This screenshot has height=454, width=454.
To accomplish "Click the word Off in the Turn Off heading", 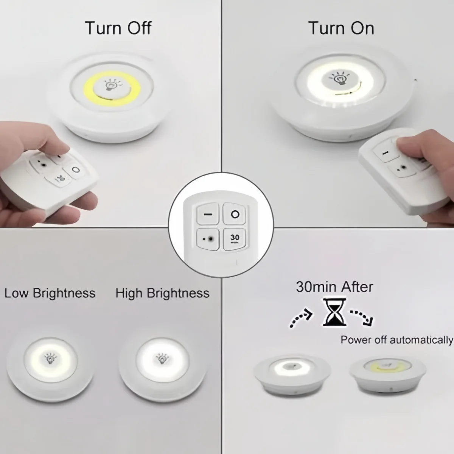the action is point(139,28).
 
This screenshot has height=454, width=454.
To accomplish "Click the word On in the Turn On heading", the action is point(362,28).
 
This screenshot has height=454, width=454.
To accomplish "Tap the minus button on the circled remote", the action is point(208,214).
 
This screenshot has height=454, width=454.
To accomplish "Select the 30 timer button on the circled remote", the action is point(235,239).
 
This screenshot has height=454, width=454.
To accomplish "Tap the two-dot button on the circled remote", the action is point(208,239).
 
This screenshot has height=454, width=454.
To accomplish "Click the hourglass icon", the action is point(334,312).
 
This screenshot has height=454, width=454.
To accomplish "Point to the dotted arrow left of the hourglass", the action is point(301,317).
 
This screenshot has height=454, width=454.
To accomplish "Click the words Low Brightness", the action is point(50,293).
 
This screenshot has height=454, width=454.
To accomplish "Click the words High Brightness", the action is point(162,293).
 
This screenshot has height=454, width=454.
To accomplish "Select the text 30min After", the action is point(334,287).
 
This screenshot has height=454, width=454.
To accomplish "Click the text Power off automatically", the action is point(397,340).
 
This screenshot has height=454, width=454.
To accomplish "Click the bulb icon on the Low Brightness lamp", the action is point(50,359).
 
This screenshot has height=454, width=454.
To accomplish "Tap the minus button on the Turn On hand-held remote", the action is point(385,153).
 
